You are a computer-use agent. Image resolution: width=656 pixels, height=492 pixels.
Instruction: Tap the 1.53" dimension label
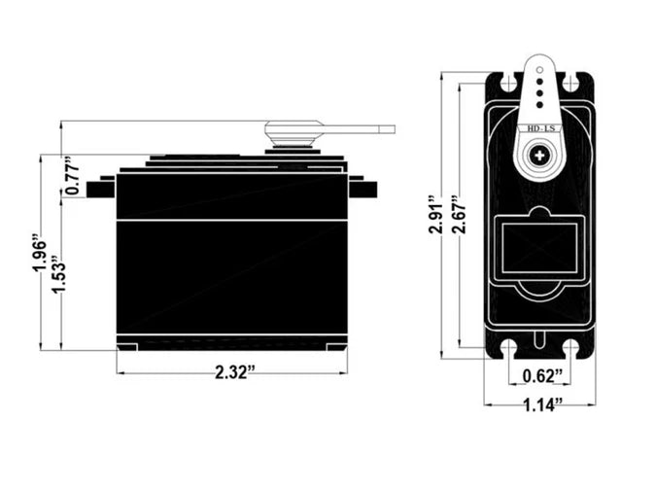click(58, 276)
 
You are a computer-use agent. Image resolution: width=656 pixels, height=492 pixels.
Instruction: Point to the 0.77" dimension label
click(72, 176)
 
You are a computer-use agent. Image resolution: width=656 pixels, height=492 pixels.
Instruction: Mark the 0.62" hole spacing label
click(539, 376)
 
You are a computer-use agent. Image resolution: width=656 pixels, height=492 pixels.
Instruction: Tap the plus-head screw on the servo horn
click(538, 155)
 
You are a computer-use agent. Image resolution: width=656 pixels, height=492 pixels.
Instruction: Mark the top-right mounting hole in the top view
click(570, 85)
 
